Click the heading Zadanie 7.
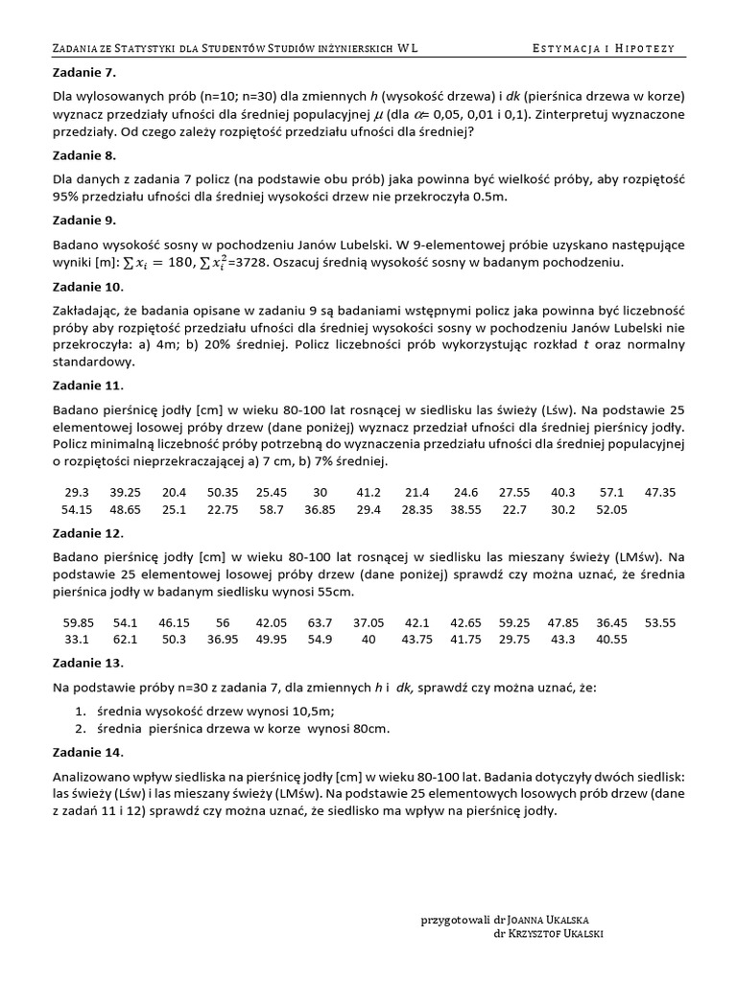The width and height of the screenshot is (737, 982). coord(81,72)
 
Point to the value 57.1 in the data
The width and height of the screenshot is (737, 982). coord(611,492)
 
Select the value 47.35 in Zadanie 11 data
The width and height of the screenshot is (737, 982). coord(660,492)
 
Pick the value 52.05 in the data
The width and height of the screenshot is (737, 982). coord(611,509)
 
